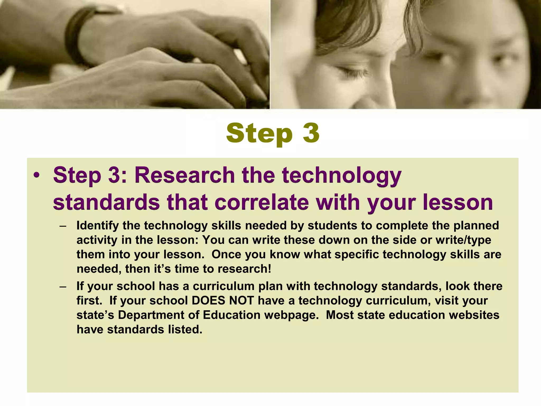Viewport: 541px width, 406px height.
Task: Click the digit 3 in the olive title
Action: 311,133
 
